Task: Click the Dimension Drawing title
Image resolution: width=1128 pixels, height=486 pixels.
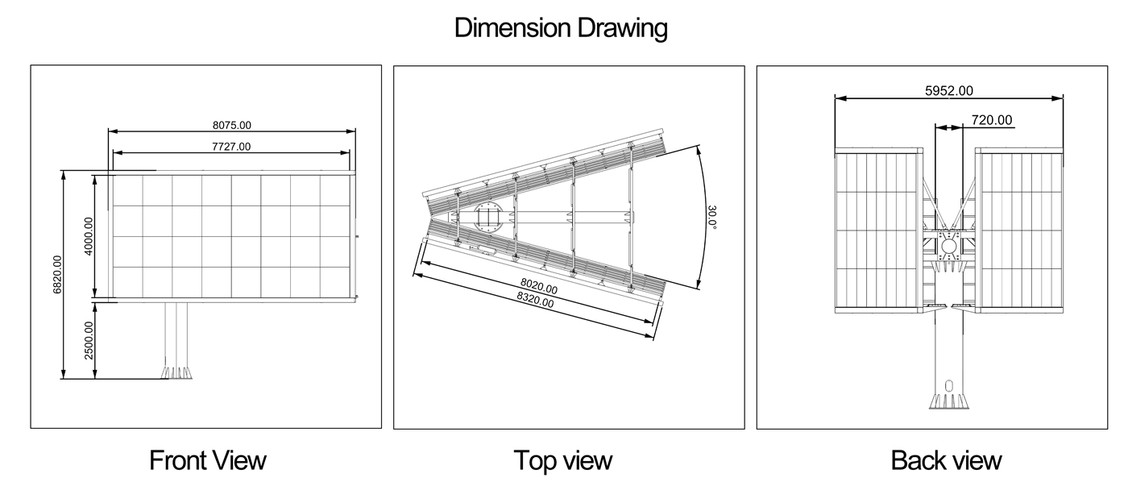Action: (561, 28)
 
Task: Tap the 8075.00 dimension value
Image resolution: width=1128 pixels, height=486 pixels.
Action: (232, 125)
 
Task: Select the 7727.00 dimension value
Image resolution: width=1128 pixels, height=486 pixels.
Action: (231, 147)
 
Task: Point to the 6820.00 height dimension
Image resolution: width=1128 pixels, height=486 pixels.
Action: (57, 275)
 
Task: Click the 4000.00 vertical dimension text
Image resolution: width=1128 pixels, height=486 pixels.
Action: (88, 236)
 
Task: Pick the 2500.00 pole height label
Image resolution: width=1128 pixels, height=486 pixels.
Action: (89, 340)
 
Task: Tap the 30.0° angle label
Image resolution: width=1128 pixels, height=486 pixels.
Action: (711, 217)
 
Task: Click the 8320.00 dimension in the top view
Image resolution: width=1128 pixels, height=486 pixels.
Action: (535, 300)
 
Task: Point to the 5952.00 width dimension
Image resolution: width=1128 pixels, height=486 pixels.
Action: (949, 90)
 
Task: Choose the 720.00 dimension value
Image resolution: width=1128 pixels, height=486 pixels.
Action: (992, 120)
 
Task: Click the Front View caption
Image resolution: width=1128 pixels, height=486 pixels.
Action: (208, 460)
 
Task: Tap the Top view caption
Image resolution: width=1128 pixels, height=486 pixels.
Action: (563, 460)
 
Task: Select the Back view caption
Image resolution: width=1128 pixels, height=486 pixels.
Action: (946, 460)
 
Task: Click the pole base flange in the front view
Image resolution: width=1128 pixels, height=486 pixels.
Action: (176, 372)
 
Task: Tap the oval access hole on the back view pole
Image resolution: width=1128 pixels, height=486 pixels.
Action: (949, 387)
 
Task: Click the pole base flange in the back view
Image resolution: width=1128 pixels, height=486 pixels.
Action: (949, 401)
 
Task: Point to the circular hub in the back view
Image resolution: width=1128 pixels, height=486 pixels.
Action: (949, 247)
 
